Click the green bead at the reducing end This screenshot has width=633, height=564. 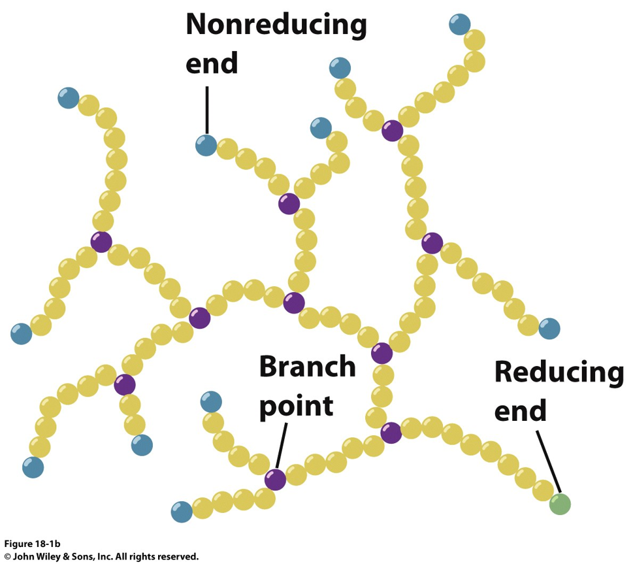[x=560, y=504]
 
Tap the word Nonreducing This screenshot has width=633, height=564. [x=276, y=25]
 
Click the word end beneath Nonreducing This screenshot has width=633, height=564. [x=212, y=63]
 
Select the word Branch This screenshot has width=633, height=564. [x=307, y=367]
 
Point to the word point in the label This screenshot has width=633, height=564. [x=296, y=406]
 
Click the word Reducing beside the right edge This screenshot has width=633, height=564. [x=559, y=372]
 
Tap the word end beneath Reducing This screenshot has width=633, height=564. [x=520, y=410]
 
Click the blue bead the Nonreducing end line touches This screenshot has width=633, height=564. [x=206, y=145]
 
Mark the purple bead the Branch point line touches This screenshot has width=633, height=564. [x=276, y=480]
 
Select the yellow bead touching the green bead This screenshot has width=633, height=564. [x=543, y=489]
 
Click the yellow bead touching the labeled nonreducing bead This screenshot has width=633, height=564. [x=227, y=149]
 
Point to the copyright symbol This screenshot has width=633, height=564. [x=7, y=557]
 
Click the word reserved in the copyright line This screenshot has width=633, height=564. [x=178, y=557]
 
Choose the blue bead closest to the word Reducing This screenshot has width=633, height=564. [x=549, y=328]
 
